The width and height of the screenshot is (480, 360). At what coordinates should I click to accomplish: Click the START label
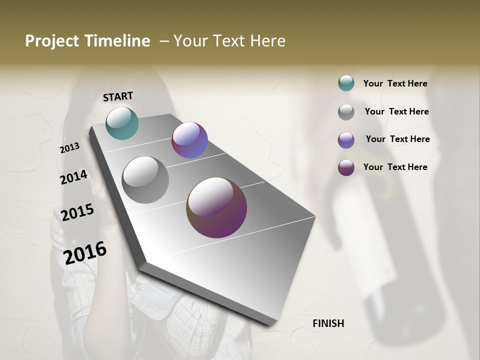[118, 96]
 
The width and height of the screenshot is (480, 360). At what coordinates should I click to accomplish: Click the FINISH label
[328, 323]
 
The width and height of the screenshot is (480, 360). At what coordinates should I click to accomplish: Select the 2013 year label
[69, 148]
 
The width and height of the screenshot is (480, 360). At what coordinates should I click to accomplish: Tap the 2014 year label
[73, 177]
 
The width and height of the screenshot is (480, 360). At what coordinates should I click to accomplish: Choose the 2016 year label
[85, 253]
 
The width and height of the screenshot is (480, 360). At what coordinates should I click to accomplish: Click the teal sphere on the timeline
[122, 123]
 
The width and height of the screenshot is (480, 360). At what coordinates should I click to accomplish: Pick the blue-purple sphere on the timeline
[189, 140]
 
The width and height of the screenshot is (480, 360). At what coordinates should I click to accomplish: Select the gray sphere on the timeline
[145, 180]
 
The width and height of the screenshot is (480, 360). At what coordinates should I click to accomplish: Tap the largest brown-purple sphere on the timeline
[216, 207]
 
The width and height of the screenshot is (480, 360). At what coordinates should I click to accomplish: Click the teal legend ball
[346, 83]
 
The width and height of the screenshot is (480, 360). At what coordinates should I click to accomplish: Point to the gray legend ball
[346, 112]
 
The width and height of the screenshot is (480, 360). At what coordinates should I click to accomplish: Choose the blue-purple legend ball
[346, 140]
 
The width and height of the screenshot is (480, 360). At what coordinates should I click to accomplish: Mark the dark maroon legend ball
[346, 167]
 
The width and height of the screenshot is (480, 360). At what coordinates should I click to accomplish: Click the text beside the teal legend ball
[395, 83]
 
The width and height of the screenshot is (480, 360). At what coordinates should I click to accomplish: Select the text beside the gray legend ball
[396, 111]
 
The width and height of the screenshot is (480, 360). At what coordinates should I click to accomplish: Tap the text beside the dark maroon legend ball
[395, 167]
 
